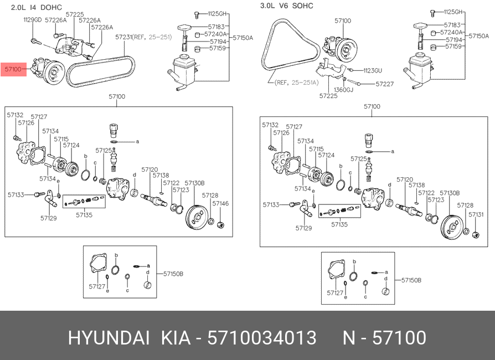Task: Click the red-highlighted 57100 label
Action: click(13, 69)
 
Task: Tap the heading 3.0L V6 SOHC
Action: click(286, 6)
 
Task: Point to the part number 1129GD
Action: click(32, 19)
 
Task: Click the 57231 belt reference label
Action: click(136, 37)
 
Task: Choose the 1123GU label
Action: click(373, 70)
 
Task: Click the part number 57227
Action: click(384, 84)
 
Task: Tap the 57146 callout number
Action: click(220, 204)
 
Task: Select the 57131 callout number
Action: click(476, 214)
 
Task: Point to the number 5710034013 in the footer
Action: click(261, 338)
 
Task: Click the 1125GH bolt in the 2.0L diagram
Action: click(197, 13)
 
